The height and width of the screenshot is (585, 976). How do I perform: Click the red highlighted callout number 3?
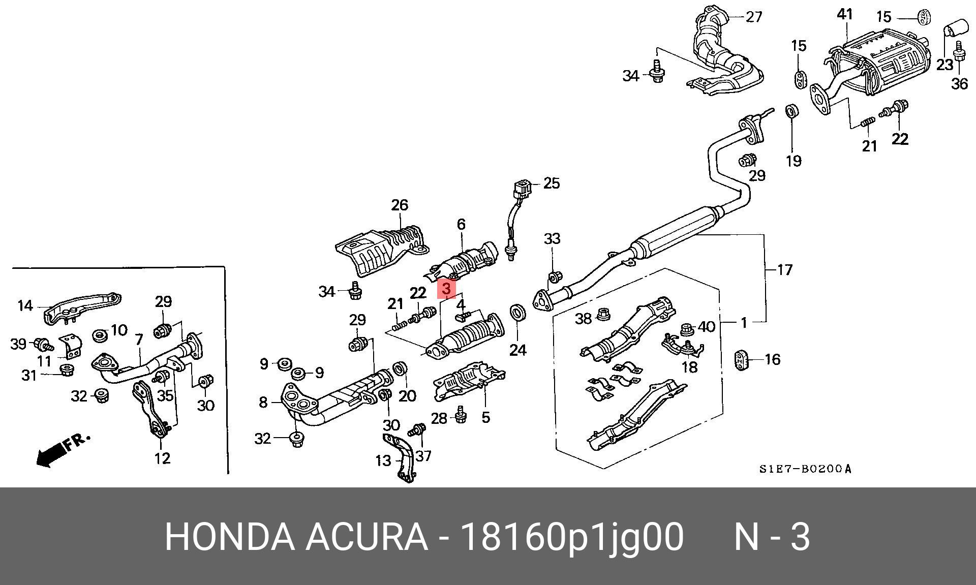[x=446, y=289]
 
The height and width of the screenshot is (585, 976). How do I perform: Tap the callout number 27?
[x=754, y=17]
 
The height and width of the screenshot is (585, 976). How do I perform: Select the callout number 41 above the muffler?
[x=844, y=15]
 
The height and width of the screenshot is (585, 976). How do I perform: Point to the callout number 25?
[x=552, y=183]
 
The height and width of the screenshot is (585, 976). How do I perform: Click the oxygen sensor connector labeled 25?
[x=522, y=189]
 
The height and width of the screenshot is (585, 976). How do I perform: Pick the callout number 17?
[x=785, y=269]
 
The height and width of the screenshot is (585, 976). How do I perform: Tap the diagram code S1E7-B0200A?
[x=805, y=469]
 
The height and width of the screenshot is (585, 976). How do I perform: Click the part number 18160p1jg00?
[x=572, y=537]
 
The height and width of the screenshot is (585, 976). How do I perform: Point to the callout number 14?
[x=25, y=305]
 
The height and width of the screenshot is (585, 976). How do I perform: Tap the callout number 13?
[x=383, y=460]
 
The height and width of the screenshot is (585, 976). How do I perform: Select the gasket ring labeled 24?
[x=517, y=313]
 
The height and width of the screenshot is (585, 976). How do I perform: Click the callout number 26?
[x=400, y=205]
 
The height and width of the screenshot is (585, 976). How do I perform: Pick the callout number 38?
[x=583, y=319]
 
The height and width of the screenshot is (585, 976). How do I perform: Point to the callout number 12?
[x=162, y=458]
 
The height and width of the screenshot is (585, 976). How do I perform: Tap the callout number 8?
[x=263, y=403]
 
